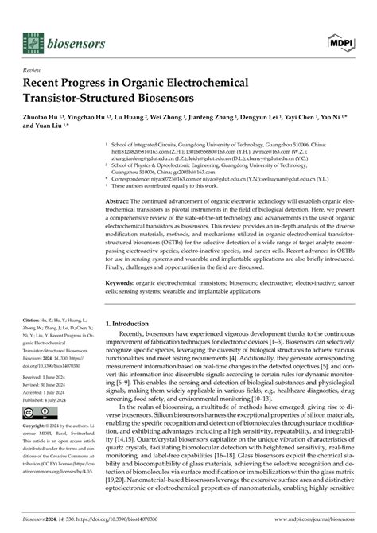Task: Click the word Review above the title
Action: click(x=34, y=70)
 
